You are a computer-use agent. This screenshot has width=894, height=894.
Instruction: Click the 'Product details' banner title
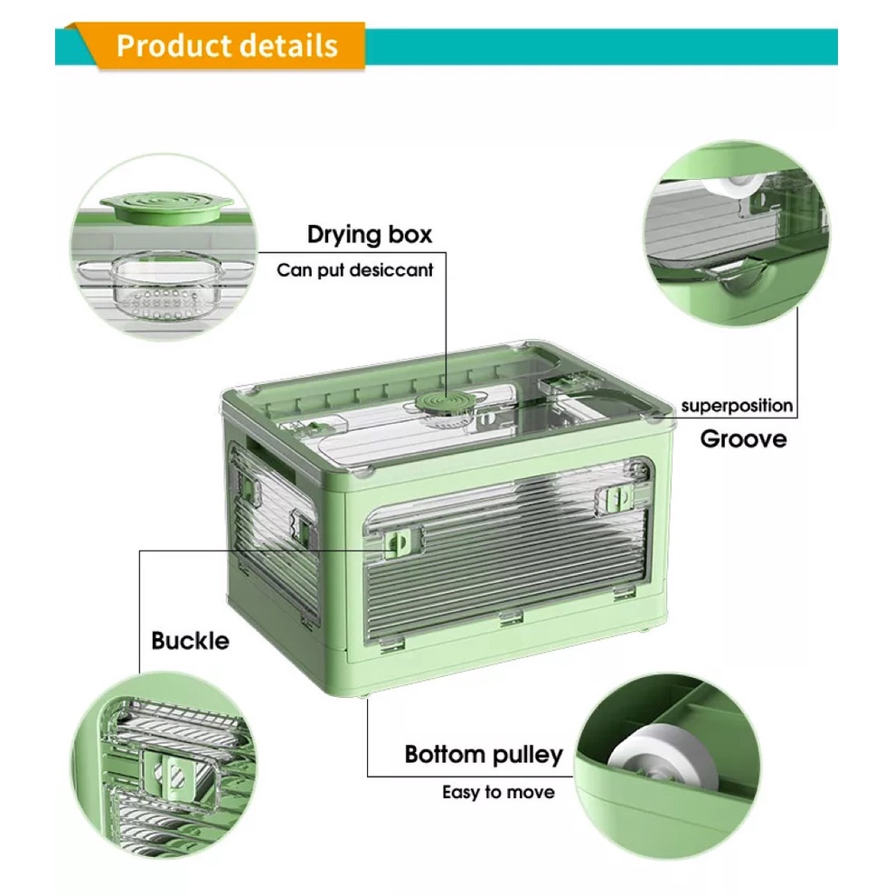click(x=227, y=45)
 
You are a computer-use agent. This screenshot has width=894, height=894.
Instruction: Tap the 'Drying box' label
click(x=370, y=234)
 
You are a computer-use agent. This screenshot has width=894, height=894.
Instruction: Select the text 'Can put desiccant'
click(x=354, y=269)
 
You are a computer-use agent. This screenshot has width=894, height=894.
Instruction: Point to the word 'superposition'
click(x=737, y=406)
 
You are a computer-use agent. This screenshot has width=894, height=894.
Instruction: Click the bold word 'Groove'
click(x=743, y=438)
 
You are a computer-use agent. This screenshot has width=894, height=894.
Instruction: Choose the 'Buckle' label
click(x=190, y=640)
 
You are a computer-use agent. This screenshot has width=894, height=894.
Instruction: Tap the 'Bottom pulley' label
click(x=484, y=754)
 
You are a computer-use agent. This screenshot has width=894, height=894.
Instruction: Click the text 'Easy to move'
click(x=498, y=792)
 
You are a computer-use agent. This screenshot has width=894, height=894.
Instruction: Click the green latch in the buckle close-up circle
click(x=170, y=776)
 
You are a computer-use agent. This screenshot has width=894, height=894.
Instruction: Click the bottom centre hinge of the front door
click(x=511, y=617)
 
